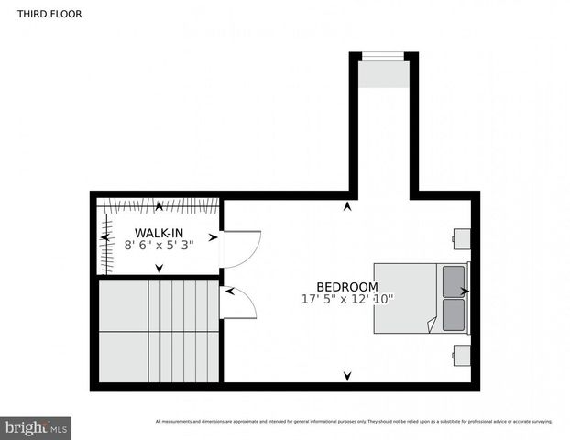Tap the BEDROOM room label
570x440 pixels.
click(x=346, y=286)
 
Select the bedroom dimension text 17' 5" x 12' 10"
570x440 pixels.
click(x=346, y=299)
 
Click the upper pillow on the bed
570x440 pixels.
click(x=454, y=280)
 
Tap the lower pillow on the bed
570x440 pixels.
click(x=454, y=313)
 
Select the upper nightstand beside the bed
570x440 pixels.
click(x=462, y=236)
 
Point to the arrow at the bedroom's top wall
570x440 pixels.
click(x=346, y=206)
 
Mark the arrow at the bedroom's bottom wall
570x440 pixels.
click(x=346, y=376)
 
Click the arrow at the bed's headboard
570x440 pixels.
click(x=466, y=291)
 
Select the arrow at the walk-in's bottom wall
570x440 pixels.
click(x=159, y=269)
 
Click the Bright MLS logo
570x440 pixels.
click(x=36, y=426)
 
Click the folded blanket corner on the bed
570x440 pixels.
click(x=432, y=324)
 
